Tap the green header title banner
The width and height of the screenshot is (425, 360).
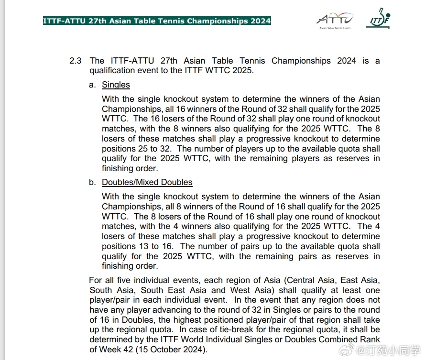tap(157, 21)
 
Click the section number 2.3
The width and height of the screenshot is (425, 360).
tap(76, 61)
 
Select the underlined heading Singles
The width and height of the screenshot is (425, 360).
tap(116, 85)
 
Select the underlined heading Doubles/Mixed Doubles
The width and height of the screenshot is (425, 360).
tap(147, 182)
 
